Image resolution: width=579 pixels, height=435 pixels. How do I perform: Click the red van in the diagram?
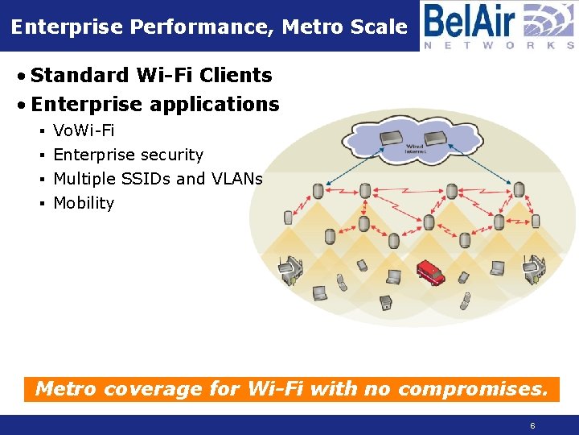click(x=430, y=271)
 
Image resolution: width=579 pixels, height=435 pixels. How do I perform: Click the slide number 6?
click(x=532, y=425)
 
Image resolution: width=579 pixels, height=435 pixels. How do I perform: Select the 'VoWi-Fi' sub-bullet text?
click(x=84, y=130)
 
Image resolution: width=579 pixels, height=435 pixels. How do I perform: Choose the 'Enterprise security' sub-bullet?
click(x=128, y=155)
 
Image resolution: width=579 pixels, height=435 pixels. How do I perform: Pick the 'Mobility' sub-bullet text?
click(x=84, y=203)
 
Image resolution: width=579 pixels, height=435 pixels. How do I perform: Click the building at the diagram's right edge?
click(x=535, y=269)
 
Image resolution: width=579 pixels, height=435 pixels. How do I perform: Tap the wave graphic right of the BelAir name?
click(x=548, y=19)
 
